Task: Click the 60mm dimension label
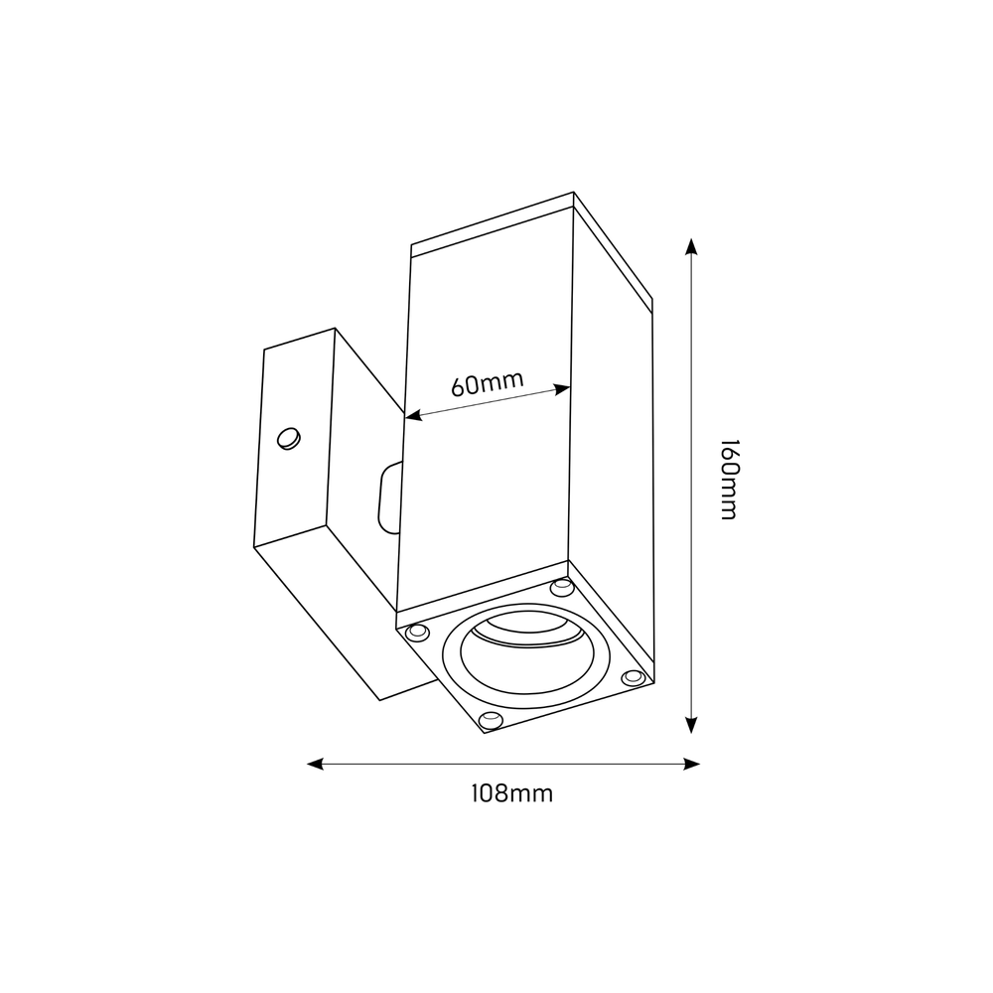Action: (488, 383)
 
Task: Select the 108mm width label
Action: (511, 793)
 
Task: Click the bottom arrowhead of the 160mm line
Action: (692, 727)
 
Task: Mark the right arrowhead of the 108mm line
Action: (694, 764)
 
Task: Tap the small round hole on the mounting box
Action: (288, 437)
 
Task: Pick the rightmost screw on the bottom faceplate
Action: (632, 677)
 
